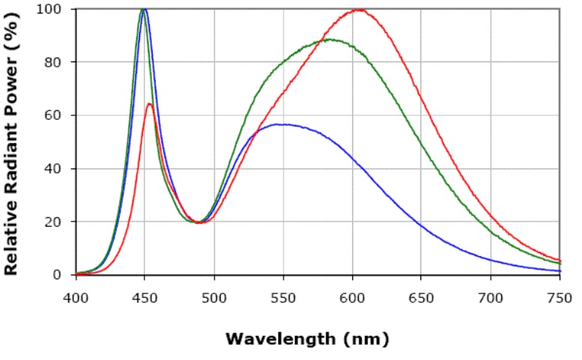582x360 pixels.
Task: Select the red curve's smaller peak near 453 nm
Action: click(150, 103)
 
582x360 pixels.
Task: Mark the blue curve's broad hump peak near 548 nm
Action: click(281, 124)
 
